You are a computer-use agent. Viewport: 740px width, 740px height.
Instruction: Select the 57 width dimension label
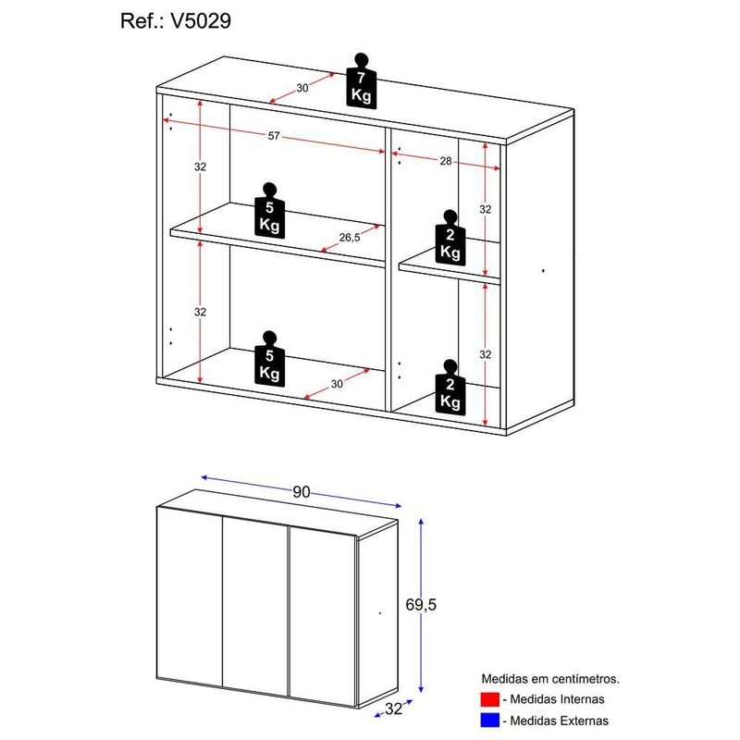pos(274,137)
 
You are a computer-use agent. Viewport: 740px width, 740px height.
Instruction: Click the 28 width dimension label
pos(445,161)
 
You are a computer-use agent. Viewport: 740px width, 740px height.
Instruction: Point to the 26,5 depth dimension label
pos(350,237)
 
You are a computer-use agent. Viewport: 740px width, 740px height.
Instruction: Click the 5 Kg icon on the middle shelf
pos(269,212)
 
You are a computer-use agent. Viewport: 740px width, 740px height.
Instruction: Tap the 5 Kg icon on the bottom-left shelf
pos(269,361)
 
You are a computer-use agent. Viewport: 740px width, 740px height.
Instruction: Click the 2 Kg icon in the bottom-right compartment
pos(450,390)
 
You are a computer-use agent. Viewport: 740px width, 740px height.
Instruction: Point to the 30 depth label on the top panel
pos(302,88)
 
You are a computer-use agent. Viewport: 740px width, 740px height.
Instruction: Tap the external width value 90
pos(301,493)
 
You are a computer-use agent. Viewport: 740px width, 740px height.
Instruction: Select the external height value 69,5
pos(446,605)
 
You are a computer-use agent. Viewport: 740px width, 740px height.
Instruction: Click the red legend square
pos(490,699)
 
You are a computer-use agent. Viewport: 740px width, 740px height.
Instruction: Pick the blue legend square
pos(490,720)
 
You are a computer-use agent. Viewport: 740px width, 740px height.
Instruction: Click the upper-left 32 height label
pos(200,167)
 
